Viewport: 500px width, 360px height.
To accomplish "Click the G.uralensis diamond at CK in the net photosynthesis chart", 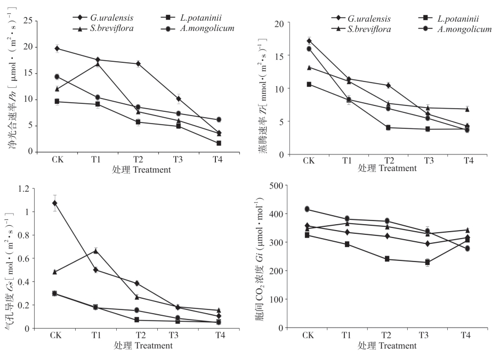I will coord(57,48).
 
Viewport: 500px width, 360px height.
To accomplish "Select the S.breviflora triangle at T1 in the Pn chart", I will coord(98,64).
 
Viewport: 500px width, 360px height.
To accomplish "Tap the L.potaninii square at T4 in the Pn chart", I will coord(219,143).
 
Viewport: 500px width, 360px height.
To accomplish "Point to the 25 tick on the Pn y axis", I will coord(29,21).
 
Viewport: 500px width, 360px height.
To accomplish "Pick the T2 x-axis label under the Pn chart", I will coord(138,159).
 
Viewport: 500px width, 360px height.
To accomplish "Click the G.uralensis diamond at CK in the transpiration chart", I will coord(309,41).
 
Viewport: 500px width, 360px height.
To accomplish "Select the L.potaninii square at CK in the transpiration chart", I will coord(309,84).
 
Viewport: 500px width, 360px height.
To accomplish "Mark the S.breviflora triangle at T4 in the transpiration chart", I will coord(467,109).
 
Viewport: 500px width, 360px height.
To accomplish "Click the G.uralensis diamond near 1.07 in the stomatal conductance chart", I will coord(55,203).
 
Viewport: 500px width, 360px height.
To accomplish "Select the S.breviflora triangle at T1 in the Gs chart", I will coord(96,251).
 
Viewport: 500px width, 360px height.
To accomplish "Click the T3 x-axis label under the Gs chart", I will coord(174,335).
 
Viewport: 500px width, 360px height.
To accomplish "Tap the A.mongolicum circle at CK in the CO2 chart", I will coord(308,209).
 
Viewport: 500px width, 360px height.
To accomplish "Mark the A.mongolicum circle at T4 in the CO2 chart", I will coord(467,248).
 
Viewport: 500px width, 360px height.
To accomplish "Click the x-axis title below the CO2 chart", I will coord(387,346).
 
